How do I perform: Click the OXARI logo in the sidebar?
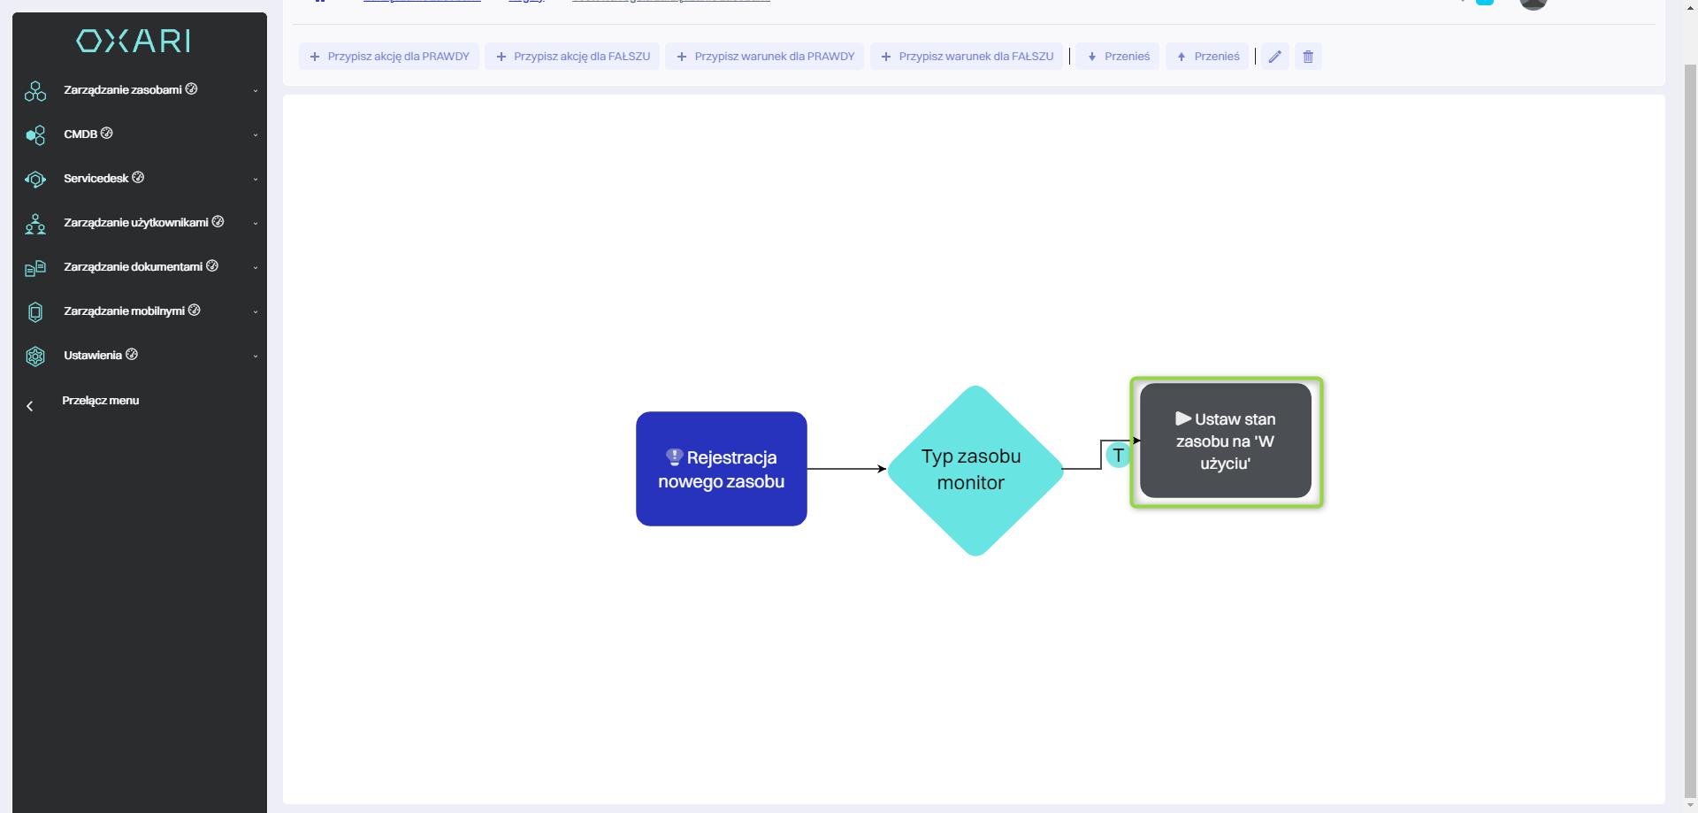(134, 41)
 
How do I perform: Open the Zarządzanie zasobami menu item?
(122, 90)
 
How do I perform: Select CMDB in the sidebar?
(80, 134)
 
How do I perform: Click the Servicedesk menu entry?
(96, 179)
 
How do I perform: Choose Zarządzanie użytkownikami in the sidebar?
(135, 223)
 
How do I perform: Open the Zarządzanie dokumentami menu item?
(133, 267)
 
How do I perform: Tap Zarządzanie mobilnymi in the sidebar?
(124, 311)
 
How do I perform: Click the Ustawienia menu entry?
(93, 356)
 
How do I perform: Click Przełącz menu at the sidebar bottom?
(100, 401)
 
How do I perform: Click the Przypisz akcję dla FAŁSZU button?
(572, 57)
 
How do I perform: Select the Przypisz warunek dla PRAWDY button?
(765, 57)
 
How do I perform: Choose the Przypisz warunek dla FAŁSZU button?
(967, 57)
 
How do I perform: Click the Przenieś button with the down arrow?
(1118, 57)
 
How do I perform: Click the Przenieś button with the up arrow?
(1207, 57)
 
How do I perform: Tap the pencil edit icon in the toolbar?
(1274, 57)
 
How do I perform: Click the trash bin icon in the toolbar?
(1308, 57)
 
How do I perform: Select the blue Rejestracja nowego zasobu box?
(721, 469)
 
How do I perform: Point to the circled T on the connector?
(1118, 455)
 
